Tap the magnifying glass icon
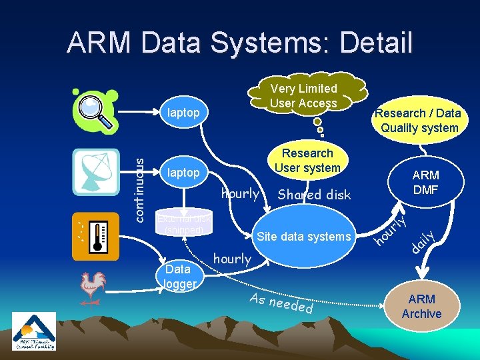pyautogui.click(x=96, y=111)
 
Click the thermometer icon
pyautogui.click(x=95, y=235)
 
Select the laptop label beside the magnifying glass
pyautogui.click(x=183, y=113)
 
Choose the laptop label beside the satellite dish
pyautogui.click(x=183, y=173)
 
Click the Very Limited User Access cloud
pyautogui.click(x=304, y=96)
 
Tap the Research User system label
pyautogui.click(x=307, y=161)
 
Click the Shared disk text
pyautogui.click(x=313, y=195)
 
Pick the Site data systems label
pyautogui.click(x=303, y=236)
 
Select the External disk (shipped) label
pyautogui.click(x=183, y=225)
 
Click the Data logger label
pyautogui.click(x=179, y=277)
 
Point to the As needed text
pyautogui.click(x=281, y=303)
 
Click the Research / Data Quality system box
pyautogui.click(x=417, y=121)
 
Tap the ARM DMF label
pyautogui.click(x=425, y=182)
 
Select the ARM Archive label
pyautogui.click(x=421, y=307)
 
